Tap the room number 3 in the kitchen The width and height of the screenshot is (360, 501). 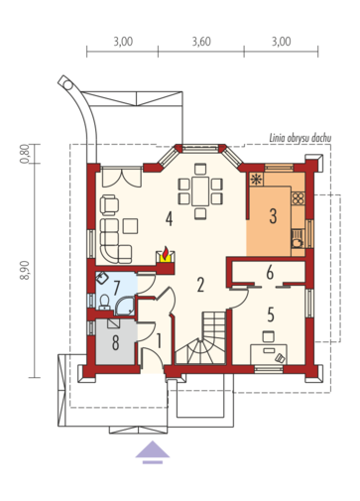pyautogui.click(x=273, y=216)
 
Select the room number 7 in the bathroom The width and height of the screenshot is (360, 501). pyautogui.click(x=116, y=288)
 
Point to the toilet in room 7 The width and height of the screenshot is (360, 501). pyautogui.click(x=105, y=302)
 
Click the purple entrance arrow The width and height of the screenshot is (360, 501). pyautogui.click(x=153, y=451)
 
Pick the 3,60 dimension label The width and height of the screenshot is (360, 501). pyautogui.click(x=201, y=42)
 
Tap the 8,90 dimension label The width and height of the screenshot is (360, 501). pyautogui.click(x=25, y=270)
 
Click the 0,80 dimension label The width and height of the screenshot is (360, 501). pyautogui.click(x=25, y=154)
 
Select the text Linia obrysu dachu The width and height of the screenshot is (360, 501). pyautogui.click(x=300, y=138)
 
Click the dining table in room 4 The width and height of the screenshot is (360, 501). pyautogui.click(x=199, y=191)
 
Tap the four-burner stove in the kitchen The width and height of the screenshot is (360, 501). pyautogui.click(x=298, y=198)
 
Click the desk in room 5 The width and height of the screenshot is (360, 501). pyautogui.click(x=269, y=354)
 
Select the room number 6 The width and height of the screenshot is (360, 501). pyautogui.click(x=270, y=273)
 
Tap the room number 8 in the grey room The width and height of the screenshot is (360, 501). pyautogui.click(x=115, y=342)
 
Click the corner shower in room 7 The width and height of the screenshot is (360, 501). pyautogui.click(x=124, y=306)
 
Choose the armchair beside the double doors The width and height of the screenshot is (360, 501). pyautogui.click(x=109, y=204)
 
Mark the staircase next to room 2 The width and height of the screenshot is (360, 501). pyautogui.click(x=200, y=337)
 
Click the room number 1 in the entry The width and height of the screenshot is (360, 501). pyautogui.click(x=159, y=341)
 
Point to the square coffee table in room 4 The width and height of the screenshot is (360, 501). pyautogui.click(x=131, y=226)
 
